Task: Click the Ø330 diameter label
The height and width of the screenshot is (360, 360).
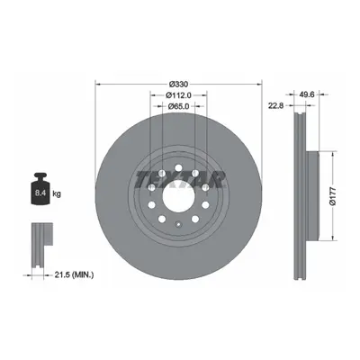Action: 178,84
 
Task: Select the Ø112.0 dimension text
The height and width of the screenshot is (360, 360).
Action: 178,95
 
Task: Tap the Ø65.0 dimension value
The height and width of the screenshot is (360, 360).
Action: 178,106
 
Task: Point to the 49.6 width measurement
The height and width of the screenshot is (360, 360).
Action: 306,94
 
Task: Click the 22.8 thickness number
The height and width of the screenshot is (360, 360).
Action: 276,105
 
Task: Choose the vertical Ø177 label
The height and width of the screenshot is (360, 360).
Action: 332,196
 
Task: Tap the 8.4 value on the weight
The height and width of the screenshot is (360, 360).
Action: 40,193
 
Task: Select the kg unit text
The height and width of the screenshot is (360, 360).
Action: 57,193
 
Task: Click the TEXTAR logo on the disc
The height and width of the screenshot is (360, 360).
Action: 180,180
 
